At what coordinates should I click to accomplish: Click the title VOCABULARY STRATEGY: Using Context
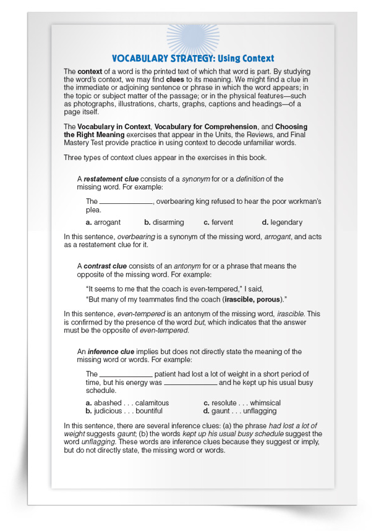pos(192,58)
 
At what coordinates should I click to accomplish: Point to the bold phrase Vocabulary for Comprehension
pos(204,127)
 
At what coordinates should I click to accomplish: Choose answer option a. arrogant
pos(103,222)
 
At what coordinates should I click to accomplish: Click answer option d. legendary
pos(282,222)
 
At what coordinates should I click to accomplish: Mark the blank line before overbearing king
pos(126,202)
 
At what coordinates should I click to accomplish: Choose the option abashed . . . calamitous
pos(127,403)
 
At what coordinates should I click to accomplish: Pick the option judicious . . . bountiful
pos(124,411)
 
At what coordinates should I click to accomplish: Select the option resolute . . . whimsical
pos(242,403)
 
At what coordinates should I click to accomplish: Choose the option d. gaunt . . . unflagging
pos(240,411)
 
